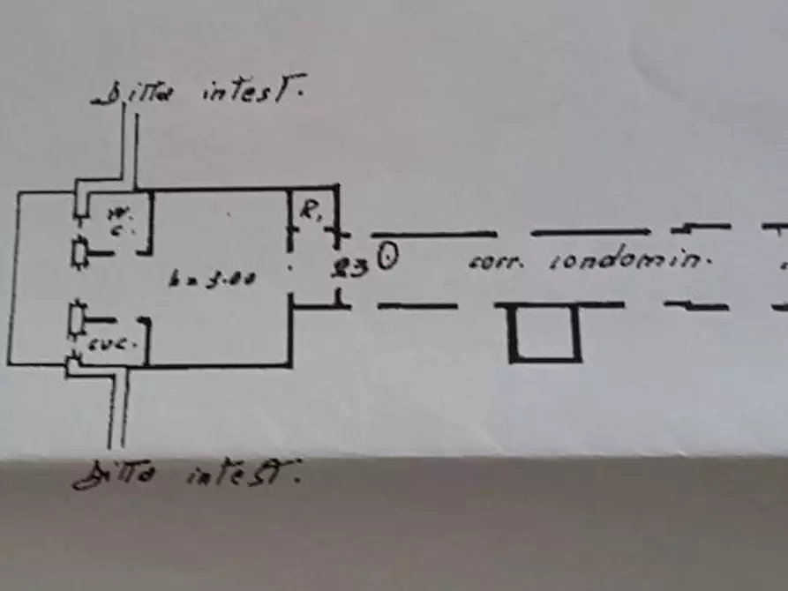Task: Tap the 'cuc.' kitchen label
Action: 124,343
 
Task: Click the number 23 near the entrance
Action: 350,267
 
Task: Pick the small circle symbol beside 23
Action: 388,258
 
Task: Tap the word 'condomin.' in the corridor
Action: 630,261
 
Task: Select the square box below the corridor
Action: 544,333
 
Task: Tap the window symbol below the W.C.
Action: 81,252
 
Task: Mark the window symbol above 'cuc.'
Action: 79,318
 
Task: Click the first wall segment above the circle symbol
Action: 433,234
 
